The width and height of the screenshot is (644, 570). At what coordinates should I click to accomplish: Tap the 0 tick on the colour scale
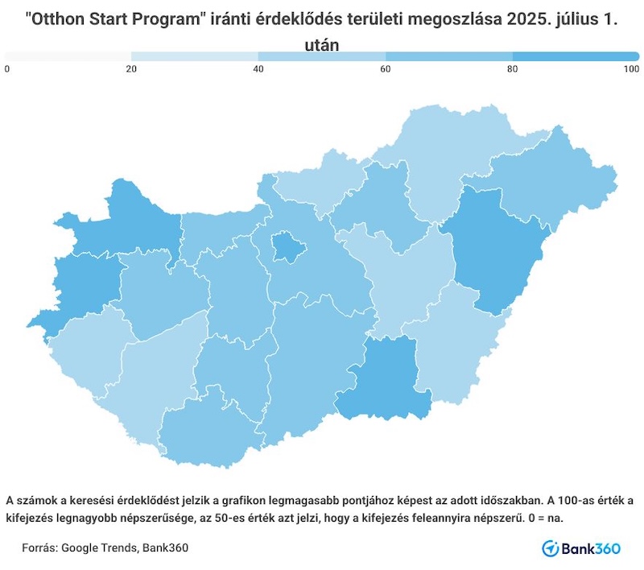[7, 70]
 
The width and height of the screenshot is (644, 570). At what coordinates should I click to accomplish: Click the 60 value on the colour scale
[386, 70]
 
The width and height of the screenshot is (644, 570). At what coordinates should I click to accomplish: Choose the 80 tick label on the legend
[513, 70]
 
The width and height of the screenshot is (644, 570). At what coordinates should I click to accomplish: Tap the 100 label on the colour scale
[631, 70]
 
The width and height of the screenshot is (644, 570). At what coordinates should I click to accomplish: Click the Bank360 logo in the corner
[581, 548]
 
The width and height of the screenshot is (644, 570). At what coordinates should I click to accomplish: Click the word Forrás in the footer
[40, 548]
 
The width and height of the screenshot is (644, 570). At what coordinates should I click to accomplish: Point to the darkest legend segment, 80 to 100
[576, 56]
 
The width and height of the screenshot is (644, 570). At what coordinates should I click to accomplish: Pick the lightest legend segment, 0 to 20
[68, 56]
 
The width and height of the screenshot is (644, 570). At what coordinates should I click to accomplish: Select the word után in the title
[322, 44]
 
